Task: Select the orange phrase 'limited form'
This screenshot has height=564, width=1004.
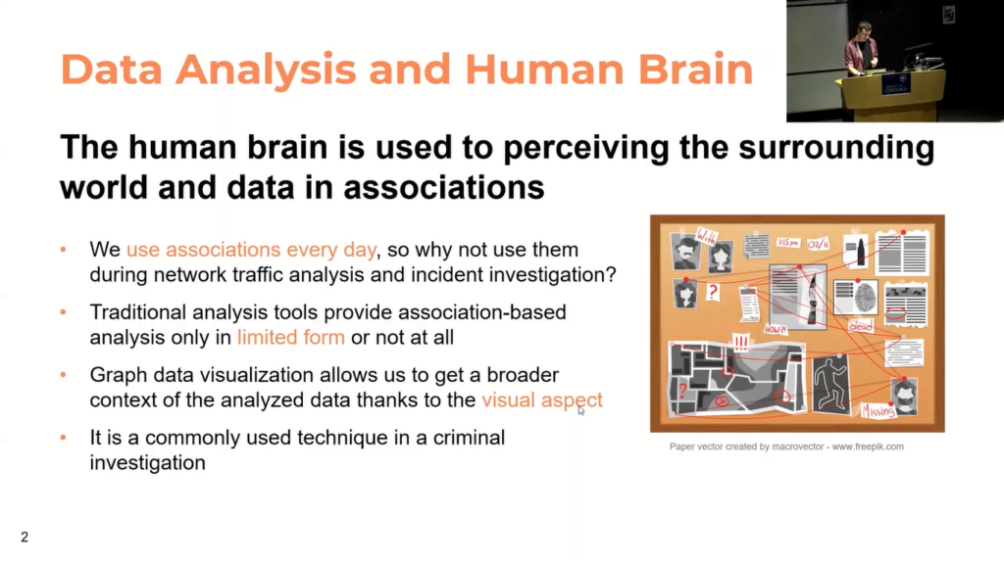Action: coord(290,338)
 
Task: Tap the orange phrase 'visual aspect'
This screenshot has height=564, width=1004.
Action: coord(541,399)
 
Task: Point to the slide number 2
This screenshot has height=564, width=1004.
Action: coord(25,537)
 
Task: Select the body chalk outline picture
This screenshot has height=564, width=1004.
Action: coord(831,383)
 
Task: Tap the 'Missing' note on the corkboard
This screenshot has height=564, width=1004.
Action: coord(878,411)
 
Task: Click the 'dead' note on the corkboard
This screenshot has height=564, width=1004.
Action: coord(861,325)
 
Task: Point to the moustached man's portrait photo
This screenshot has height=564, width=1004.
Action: coord(685,251)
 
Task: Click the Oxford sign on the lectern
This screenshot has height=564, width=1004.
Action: coord(894,84)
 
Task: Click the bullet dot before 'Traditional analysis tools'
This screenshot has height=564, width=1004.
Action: coord(65,312)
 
